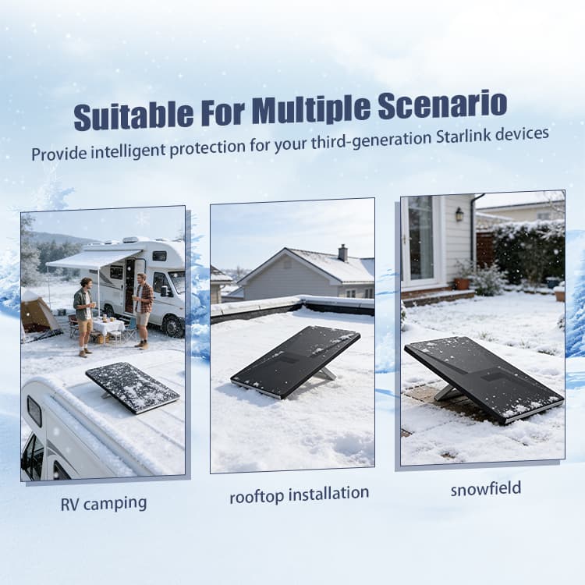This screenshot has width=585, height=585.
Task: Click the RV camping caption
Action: pyautogui.click(x=103, y=503)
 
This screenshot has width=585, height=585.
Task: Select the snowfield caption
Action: pyautogui.click(x=485, y=489)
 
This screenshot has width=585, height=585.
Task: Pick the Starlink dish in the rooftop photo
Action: pyautogui.click(x=296, y=360)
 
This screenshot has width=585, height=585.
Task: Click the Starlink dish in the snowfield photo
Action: pyautogui.click(x=483, y=378)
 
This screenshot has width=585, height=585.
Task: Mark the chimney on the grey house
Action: pyautogui.click(x=342, y=252)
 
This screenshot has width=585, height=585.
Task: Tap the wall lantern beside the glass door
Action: pyautogui.click(x=459, y=214)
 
